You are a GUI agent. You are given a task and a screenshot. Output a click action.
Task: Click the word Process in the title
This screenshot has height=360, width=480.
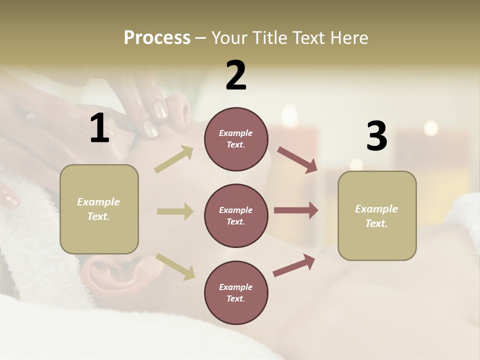(x=157, y=38)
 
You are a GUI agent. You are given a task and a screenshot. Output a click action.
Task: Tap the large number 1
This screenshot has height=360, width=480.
(x=99, y=128)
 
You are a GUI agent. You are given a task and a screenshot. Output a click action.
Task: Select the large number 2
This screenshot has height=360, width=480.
(x=236, y=75)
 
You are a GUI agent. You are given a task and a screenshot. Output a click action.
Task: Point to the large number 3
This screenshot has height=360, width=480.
(x=376, y=136)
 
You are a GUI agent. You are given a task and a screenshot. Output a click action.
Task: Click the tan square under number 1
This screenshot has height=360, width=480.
(x=99, y=209)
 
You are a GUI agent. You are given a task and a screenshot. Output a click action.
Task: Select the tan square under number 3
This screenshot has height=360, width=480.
(x=377, y=216)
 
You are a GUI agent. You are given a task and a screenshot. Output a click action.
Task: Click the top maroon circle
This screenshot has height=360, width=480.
(x=236, y=139)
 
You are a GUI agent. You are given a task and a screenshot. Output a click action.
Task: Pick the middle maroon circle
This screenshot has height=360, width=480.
(x=236, y=216)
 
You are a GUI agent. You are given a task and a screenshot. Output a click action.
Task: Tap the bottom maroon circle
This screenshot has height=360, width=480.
(x=236, y=293)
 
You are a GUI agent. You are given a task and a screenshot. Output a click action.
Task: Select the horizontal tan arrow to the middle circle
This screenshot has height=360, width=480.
(x=175, y=211)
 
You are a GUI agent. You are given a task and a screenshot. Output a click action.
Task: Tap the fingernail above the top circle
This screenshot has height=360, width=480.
(x=159, y=109)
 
